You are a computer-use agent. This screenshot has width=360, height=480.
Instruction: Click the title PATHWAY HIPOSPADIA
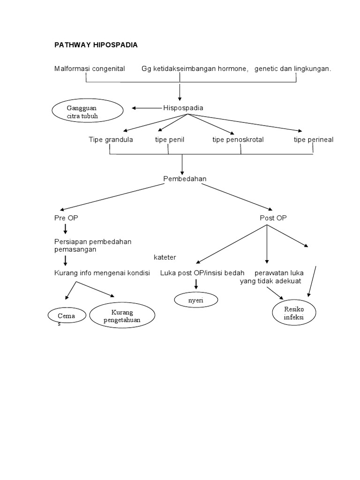(x=96, y=45)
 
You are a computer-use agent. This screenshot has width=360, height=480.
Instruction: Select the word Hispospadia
(x=183, y=108)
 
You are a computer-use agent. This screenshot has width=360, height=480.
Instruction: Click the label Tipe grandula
(x=111, y=140)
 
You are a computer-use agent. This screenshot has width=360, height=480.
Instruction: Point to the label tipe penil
(x=169, y=140)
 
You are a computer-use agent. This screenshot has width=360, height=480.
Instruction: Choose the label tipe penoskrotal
(x=238, y=140)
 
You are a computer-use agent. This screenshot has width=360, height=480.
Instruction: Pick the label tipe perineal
(x=314, y=140)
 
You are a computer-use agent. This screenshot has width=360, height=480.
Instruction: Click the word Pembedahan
(x=184, y=179)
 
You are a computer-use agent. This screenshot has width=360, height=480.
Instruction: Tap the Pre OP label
(x=63, y=218)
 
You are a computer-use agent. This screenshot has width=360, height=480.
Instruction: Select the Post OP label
(x=273, y=218)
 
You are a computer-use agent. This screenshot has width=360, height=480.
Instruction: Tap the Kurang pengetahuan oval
(x=122, y=316)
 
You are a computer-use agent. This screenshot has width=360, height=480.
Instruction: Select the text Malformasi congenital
(x=90, y=69)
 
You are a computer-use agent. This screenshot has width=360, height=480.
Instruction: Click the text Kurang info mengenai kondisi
(x=101, y=273)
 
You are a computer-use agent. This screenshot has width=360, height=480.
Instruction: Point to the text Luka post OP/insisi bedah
(x=202, y=273)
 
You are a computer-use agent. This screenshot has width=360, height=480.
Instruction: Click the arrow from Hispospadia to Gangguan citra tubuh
(x=146, y=108)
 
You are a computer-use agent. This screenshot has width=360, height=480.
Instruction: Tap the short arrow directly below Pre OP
(x=65, y=229)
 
